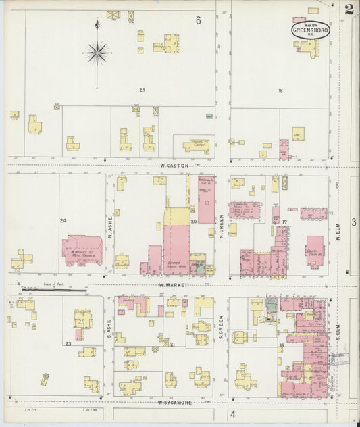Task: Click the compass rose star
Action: point(97,51)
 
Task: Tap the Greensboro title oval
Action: point(310,30)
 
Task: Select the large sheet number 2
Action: point(349,9)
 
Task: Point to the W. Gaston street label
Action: point(173,165)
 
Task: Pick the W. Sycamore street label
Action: point(174,403)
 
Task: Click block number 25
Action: point(142,90)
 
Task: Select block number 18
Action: point(279,90)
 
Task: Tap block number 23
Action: point(68,343)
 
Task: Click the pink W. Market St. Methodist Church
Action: point(82,250)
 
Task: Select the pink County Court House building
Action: point(315,251)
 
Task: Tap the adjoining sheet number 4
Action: point(232,413)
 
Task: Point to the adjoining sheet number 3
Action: point(353,222)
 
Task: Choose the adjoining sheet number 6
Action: point(199,21)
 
